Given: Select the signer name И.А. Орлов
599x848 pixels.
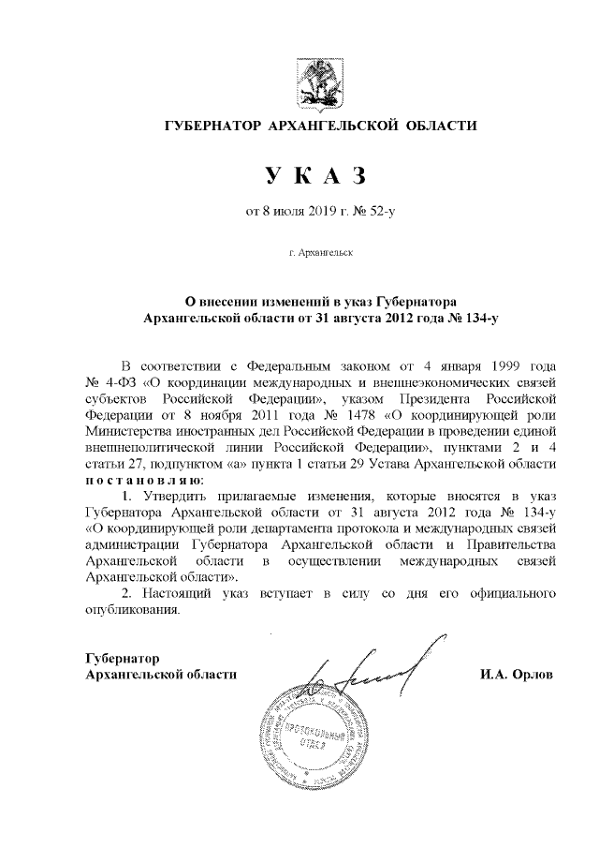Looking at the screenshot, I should [x=516, y=674].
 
